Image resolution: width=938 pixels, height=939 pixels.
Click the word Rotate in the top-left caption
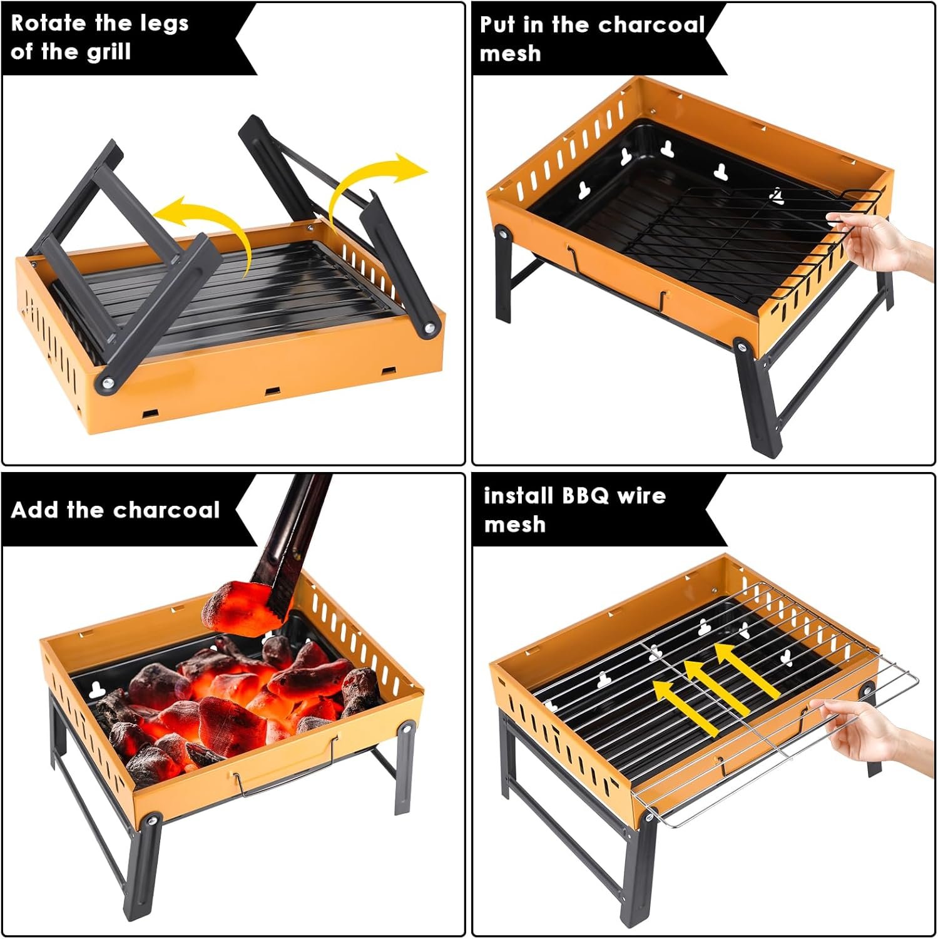pyautogui.click(x=48, y=23)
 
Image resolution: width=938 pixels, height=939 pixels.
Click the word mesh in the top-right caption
pyautogui.click(x=510, y=53)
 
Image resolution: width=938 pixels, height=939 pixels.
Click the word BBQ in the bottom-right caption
pyautogui.click(x=584, y=496)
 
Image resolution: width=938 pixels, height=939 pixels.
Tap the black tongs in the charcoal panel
pyautogui.click(x=291, y=545)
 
